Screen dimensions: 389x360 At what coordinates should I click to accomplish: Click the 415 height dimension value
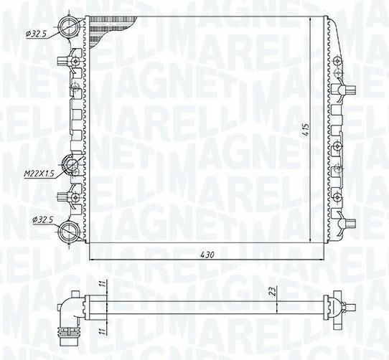(x=306, y=129)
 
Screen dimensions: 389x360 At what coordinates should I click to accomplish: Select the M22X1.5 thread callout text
(x=39, y=174)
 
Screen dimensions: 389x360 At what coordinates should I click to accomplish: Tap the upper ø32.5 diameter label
(x=36, y=34)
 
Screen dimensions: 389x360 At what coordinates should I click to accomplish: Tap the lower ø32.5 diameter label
(x=43, y=219)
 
